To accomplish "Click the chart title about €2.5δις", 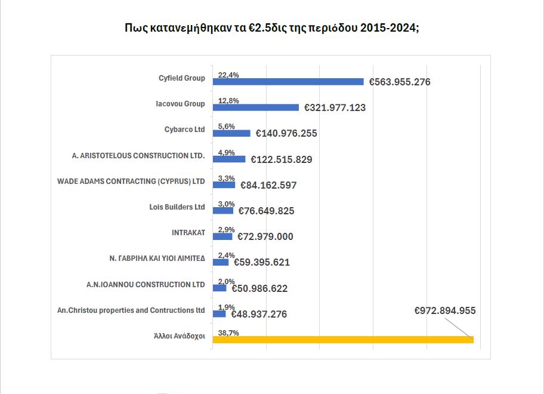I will click(x=271, y=29).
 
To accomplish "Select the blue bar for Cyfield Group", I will click(x=288, y=82).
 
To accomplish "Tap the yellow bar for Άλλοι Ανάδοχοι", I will click(x=343, y=340).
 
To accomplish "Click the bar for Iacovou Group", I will click(x=256, y=107).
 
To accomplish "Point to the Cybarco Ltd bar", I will click(x=231, y=133).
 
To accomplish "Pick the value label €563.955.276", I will click(x=400, y=82).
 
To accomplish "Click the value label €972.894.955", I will click(x=444, y=310).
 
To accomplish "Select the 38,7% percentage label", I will click(x=228, y=333).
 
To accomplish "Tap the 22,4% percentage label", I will click(x=228, y=75).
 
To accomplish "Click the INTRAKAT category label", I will click(x=188, y=233).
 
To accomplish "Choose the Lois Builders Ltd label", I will click(x=177, y=207).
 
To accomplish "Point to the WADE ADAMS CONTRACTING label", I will click(x=131, y=181).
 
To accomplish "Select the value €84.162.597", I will click(x=268, y=186).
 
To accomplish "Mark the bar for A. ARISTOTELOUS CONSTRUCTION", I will click(x=229, y=159).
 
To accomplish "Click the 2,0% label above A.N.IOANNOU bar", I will click(x=227, y=281).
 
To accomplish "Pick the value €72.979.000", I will click(x=265, y=237).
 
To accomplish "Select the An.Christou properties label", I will click(x=131, y=310).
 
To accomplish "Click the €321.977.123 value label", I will click(x=335, y=108).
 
